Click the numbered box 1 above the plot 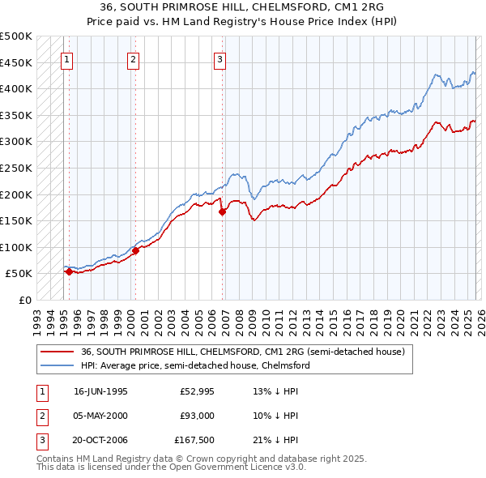pyautogui.click(x=66, y=58)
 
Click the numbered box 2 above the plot pyautogui.click(x=132, y=58)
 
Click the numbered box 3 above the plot pyautogui.click(x=220, y=58)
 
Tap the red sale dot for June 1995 pyautogui.click(x=70, y=272)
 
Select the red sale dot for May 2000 pyautogui.click(x=135, y=251)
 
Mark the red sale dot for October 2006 pyautogui.click(x=223, y=211)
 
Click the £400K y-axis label pyautogui.click(x=16, y=88)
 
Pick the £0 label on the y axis pyautogui.click(x=25, y=300)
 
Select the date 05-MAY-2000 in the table pyautogui.click(x=100, y=416)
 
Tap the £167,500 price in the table pyautogui.click(x=194, y=441)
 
